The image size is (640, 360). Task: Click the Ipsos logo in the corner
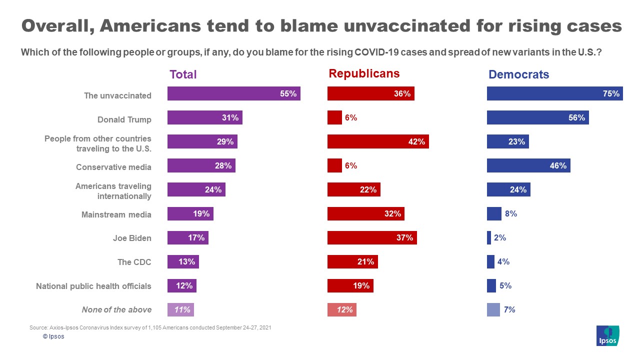[607, 335]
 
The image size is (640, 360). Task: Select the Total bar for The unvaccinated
[233, 93]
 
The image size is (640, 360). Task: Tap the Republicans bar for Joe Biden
[371, 238]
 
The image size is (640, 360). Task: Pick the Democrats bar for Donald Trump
[537, 118]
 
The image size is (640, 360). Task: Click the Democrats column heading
[518, 74]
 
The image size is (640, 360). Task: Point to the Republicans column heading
[364, 73]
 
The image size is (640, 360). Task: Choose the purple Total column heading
[183, 74]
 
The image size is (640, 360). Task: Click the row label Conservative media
[113, 167]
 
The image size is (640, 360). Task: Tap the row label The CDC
[134, 262]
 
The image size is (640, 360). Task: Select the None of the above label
[116, 309]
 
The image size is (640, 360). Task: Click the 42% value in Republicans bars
[416, 141]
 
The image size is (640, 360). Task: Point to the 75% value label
[611, 93]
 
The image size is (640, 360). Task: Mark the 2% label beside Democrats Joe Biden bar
[500, 238]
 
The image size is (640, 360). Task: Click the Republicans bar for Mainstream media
[365, 214]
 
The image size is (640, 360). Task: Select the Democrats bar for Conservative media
[528, 165]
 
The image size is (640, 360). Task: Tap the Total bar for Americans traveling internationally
[196, 189]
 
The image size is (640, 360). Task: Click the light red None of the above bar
[341, 310]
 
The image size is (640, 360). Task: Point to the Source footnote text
[150, 327]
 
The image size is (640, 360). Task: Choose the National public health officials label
[93, 286]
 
